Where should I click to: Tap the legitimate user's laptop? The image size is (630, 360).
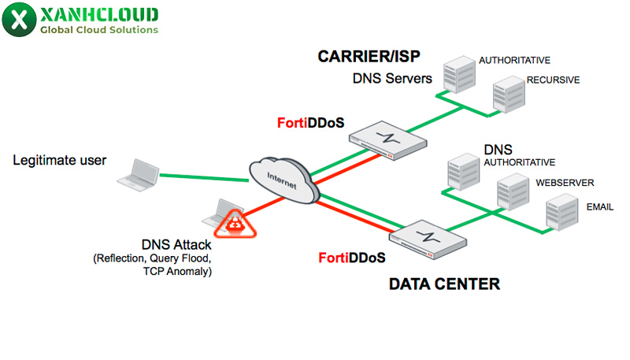137,173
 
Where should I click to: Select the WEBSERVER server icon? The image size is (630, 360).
513,192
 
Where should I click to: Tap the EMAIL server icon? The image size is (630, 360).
563,211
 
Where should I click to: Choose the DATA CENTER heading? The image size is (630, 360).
444,284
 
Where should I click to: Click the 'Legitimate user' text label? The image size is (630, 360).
59,161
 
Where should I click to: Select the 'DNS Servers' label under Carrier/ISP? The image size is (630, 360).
392,79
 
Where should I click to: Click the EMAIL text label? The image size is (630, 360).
599,206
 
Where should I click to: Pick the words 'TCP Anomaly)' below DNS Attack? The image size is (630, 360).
177,271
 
